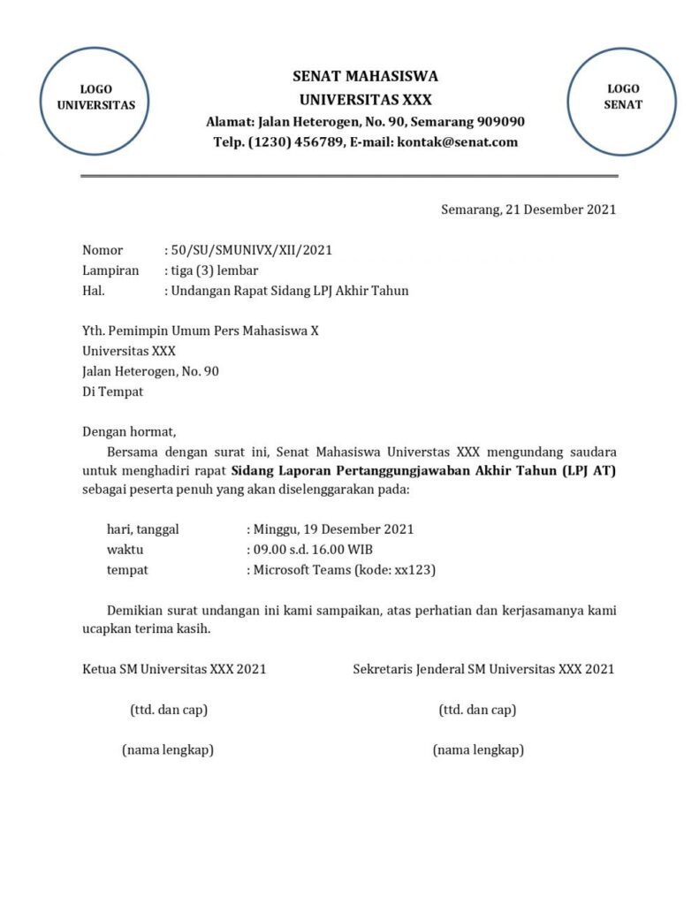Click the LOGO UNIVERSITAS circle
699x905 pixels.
tap(96, 97)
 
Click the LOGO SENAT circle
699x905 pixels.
tap(622, 97)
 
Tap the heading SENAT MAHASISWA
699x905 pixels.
tap(365, 76)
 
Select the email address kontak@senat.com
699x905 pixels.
tap(458, 141)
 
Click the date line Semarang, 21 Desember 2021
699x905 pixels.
tap(528, 209)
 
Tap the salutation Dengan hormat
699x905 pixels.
tap(129, 432)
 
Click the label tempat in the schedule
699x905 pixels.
tap(127, 570)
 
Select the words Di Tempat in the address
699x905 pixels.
tap(112, 392)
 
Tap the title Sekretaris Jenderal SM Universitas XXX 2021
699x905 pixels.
tap(483, 669)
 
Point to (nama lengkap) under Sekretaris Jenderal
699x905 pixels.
tap(478, 750)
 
